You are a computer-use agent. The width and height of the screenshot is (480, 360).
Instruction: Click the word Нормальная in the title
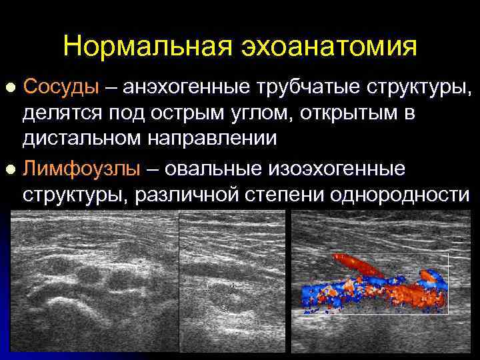pyautogui.click(x=141, y=47)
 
